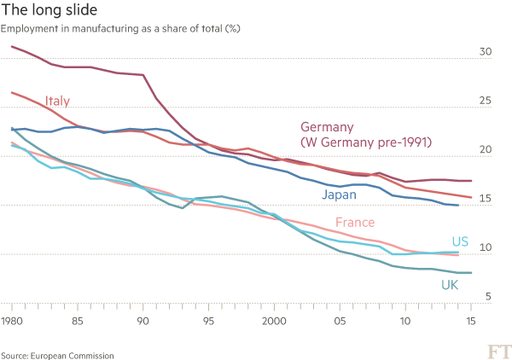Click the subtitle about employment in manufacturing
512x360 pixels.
click(120, 30)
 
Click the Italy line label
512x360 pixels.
click(56, 102)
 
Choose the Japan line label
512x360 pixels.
click(339, 195)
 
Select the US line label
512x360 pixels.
click(459, 241)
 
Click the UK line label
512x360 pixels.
click(451, 284)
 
